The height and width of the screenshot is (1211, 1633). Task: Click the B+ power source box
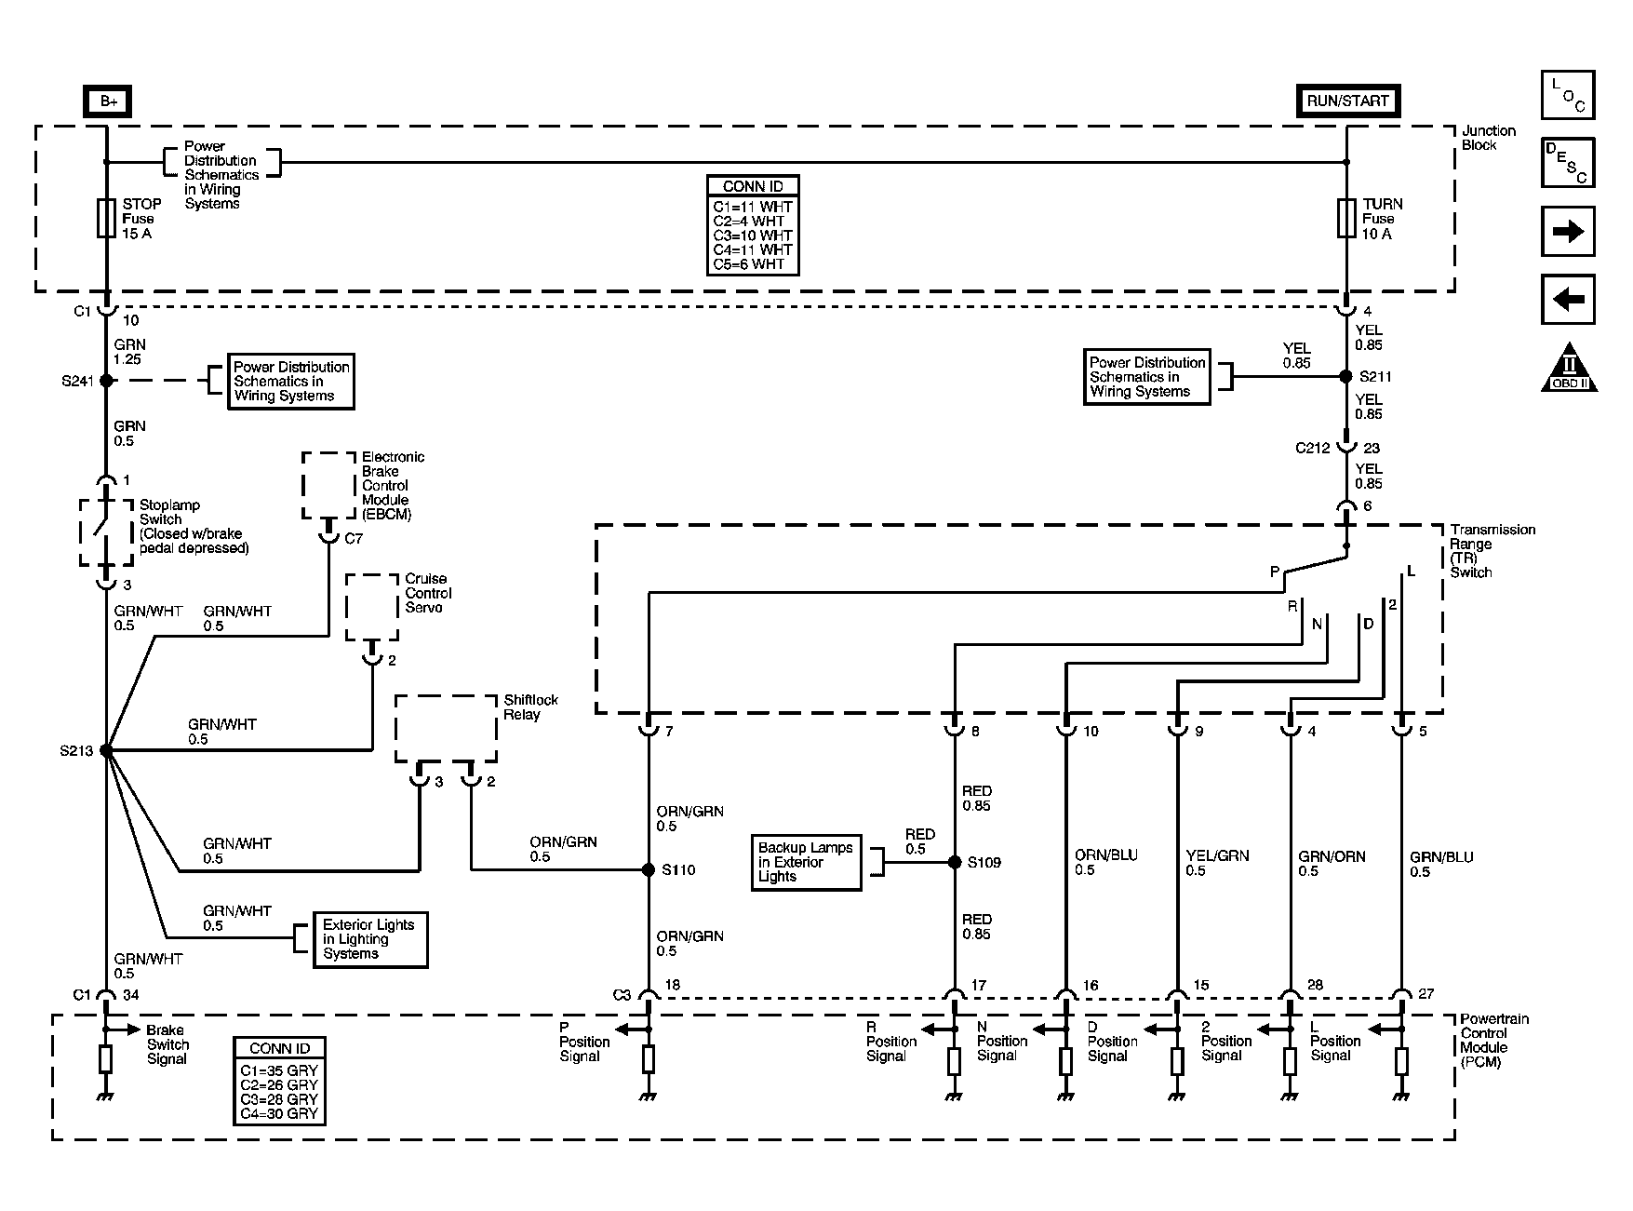[x=108, y=101]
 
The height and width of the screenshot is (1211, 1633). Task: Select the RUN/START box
[x=1346, y=101]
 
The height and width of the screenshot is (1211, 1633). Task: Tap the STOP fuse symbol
[x=107, y=218]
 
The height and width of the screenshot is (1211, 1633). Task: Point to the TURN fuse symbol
[x=1346, y=218]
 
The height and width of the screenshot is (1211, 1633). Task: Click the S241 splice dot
[x=107, y=381]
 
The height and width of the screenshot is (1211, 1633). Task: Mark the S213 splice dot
[x=107, y=750]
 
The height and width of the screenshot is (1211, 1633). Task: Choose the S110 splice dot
[x=649, y=870]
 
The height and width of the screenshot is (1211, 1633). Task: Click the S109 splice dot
[x=955, y=863]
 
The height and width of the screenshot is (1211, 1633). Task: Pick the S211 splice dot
[x=1346, y=377]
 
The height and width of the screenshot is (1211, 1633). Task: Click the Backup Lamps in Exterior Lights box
[x=806, y=863]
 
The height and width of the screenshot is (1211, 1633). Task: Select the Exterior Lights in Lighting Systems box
[x=370, y=939]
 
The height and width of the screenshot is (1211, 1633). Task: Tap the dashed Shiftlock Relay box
[x=446, y=729]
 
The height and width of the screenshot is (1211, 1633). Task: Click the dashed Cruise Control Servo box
[x=372, y=607]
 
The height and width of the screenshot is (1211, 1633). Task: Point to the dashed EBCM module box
[x=328, y=486]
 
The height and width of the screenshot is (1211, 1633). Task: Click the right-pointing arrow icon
[x=1568, y=231]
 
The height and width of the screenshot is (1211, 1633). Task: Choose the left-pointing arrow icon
[x=1568, y=299]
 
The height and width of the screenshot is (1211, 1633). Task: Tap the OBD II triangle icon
[x=1570, y=367]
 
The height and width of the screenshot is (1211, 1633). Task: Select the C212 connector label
[x=1313, y=448]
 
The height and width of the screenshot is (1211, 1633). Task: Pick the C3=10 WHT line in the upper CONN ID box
[x=752, y=235]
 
